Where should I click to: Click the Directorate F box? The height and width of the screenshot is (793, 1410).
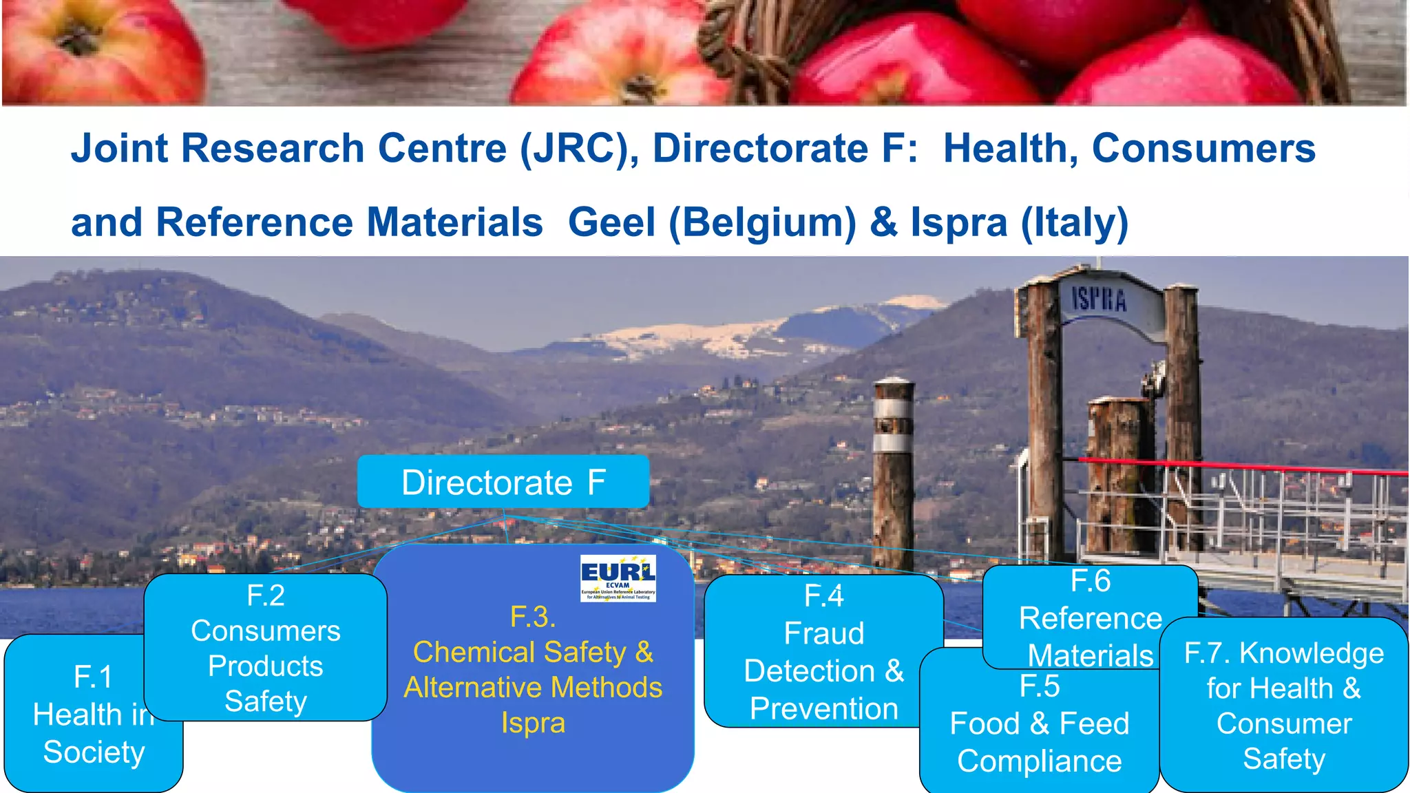coord(503,482)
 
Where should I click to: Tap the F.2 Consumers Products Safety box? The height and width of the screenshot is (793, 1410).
coord(266,648)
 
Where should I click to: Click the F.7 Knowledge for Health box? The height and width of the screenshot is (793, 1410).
coord(1284,705)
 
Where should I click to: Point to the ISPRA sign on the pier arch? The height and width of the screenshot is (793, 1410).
coord(1099,300)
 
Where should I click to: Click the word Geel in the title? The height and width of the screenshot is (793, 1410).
coord(611,222)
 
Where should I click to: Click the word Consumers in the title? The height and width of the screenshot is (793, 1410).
coord(1203,149)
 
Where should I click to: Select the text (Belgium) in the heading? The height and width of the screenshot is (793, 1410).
coord(763,222)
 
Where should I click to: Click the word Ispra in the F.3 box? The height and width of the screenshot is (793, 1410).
coord(533,723)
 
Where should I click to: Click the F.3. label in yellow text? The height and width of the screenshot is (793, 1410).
coord(533,617)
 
